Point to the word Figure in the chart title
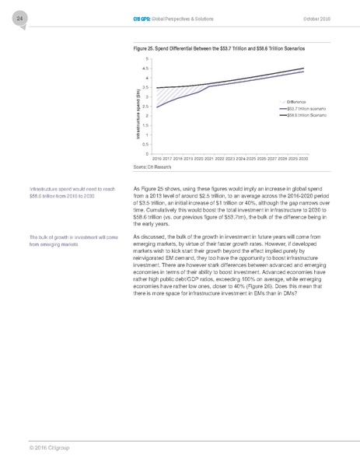143,48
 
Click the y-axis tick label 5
147,59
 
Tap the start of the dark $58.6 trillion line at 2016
157,88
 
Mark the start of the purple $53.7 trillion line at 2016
157,107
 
